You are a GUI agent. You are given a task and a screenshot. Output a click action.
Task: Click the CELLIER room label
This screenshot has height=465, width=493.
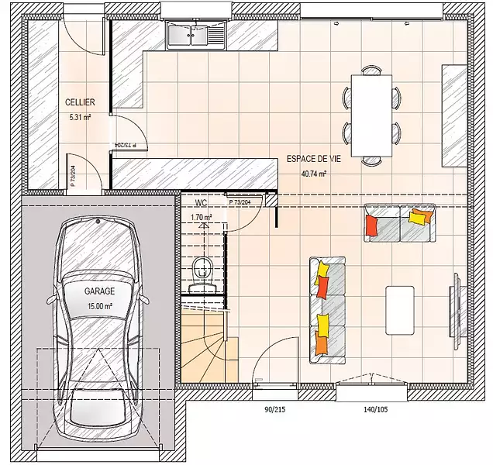[80, 102]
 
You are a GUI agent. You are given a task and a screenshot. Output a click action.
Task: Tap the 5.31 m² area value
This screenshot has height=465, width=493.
[80, 118]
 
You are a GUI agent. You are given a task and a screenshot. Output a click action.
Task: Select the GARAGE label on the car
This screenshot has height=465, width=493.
[99, 291]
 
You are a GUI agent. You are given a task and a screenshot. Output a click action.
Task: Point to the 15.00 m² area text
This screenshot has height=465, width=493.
[100, 306]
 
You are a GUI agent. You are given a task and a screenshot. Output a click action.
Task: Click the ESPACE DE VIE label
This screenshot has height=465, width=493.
[313, 159]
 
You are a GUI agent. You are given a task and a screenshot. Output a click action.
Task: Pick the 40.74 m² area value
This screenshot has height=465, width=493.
[313, 174]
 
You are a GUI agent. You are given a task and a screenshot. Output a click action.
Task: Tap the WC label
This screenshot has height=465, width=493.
[202, 203]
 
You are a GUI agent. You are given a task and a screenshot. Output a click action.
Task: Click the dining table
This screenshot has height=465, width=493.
[371, 115]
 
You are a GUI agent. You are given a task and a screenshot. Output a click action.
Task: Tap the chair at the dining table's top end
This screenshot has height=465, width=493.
[371, 70]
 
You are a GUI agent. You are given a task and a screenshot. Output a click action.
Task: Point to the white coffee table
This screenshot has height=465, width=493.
[400, 310]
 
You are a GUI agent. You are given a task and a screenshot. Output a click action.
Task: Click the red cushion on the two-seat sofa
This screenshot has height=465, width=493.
[371, 225]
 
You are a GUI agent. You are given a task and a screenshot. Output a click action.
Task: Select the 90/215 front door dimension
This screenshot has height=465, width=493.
[275, 409]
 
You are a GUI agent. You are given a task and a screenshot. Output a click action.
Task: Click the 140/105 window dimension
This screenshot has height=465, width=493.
[376, 409]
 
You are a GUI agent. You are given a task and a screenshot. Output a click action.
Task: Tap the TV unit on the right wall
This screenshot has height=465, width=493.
[457, 311]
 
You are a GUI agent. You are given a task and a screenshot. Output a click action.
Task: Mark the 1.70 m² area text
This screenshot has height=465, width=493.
[202, 217]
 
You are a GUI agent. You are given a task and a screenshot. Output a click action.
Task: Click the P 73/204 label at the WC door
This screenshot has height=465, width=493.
[240, 202]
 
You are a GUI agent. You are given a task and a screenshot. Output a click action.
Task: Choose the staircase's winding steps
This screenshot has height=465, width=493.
[204, 349]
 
